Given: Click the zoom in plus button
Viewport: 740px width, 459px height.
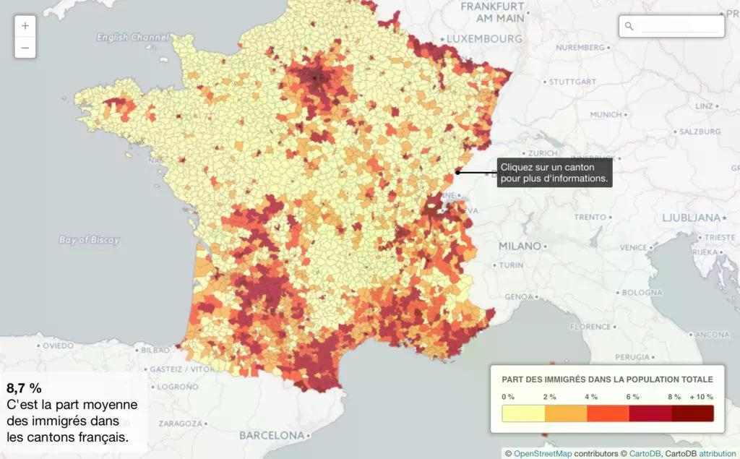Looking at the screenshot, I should click(25, 26).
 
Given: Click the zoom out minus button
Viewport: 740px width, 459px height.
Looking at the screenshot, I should click(25, 48).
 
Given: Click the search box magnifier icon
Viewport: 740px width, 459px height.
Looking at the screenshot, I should click(629, 26).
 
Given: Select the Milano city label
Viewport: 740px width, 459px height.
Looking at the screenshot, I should click(520, 246).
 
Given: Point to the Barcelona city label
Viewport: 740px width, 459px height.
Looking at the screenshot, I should click(272, 435).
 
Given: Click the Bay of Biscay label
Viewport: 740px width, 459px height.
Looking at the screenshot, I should click(90, 240).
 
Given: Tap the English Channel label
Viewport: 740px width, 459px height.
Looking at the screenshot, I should click(132, 37).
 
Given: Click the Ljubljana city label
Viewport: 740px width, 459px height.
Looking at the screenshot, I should click(692, 218).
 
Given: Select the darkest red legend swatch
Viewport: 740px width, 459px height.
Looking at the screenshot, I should click(692, 413).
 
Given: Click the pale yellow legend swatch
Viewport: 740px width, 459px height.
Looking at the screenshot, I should click(523, 413).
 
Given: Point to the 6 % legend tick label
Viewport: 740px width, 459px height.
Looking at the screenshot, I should click(632, 397).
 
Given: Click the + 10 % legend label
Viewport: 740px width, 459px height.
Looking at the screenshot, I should click(701, 397).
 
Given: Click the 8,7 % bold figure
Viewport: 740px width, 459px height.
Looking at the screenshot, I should click(25, 387).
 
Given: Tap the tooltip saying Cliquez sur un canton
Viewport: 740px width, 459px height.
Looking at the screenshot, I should click(554, 172).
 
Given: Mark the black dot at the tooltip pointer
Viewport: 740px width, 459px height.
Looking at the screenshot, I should click(457, 172).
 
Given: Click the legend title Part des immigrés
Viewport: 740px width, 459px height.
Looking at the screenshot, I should click(607, 379).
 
